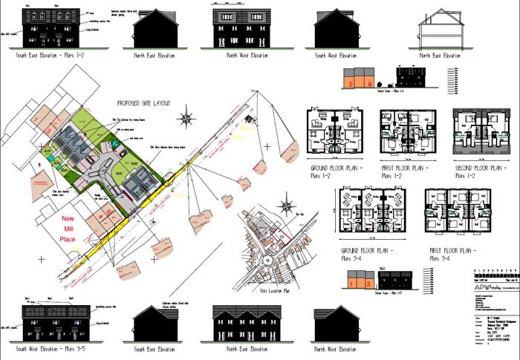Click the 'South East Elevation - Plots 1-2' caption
[x=49, y=55]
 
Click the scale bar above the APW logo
[x=495, y=272]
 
